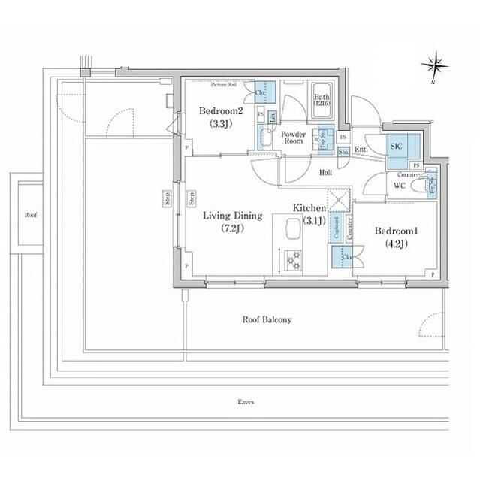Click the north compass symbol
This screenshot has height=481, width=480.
(434, 65)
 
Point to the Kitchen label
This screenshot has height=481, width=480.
(309, 208)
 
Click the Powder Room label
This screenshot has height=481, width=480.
(291, 138)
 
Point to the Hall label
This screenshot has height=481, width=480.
(326, 173)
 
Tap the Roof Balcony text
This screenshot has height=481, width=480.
(267, 319)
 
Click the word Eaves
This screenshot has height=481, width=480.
(245, 402)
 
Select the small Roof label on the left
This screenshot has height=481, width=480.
(30, 215)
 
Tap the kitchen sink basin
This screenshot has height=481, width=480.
(290, 228)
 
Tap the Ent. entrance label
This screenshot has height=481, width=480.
(361, 150)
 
